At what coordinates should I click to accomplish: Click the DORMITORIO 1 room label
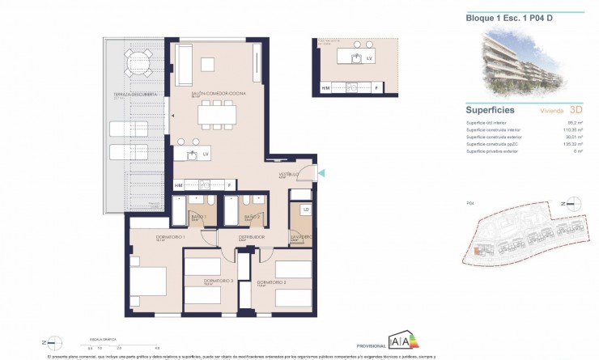(149, 236)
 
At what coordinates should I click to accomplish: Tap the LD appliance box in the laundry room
(305, 210)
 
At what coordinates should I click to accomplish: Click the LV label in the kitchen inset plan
(368, 59)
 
